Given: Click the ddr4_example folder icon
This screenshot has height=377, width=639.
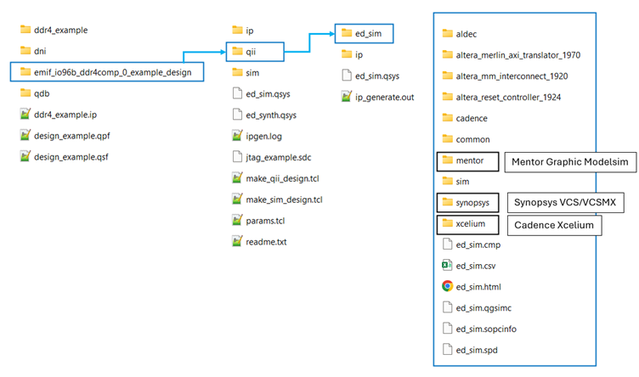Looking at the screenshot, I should [x=25, y=31].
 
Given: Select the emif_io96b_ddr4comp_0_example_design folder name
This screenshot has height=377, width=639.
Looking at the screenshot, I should [x=112, y=73].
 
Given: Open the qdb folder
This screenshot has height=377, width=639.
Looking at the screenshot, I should [x=42, y=93].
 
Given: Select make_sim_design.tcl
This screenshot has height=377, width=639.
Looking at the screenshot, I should [x=284, y=200].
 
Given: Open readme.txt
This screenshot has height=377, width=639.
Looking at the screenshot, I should [x=266, y=242].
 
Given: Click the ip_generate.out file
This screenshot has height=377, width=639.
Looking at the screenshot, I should [x=384, y=97].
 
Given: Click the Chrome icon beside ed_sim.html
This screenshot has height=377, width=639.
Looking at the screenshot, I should [x=448, y=286].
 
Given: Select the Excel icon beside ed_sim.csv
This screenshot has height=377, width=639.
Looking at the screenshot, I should [x=448, y=265].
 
